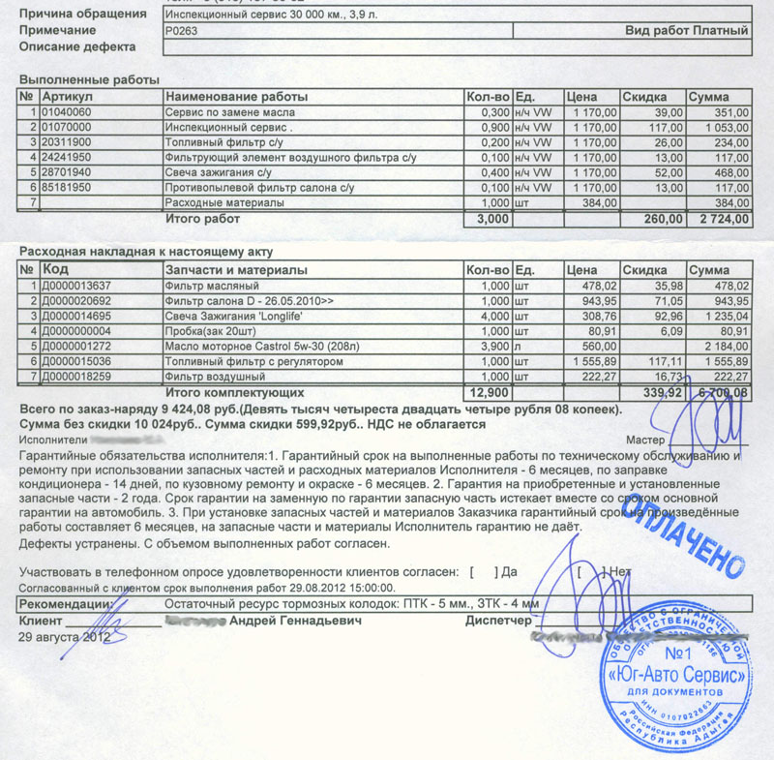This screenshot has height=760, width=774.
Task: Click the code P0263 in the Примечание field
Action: click(x=180, y=31)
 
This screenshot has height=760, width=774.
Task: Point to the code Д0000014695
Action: click(x=77, y=316)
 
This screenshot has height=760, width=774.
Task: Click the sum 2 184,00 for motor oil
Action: click(x=724, y=346)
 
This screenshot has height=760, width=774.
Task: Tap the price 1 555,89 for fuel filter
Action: click(x=592, y=360)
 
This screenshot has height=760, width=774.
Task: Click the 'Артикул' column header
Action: click(x=68, y=97)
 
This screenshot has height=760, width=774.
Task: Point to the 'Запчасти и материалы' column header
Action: click(x=237, y=269)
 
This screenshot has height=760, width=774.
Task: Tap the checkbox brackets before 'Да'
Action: click(x=484, y=572)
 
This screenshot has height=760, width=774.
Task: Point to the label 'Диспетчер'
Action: click(x=499, y=621)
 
